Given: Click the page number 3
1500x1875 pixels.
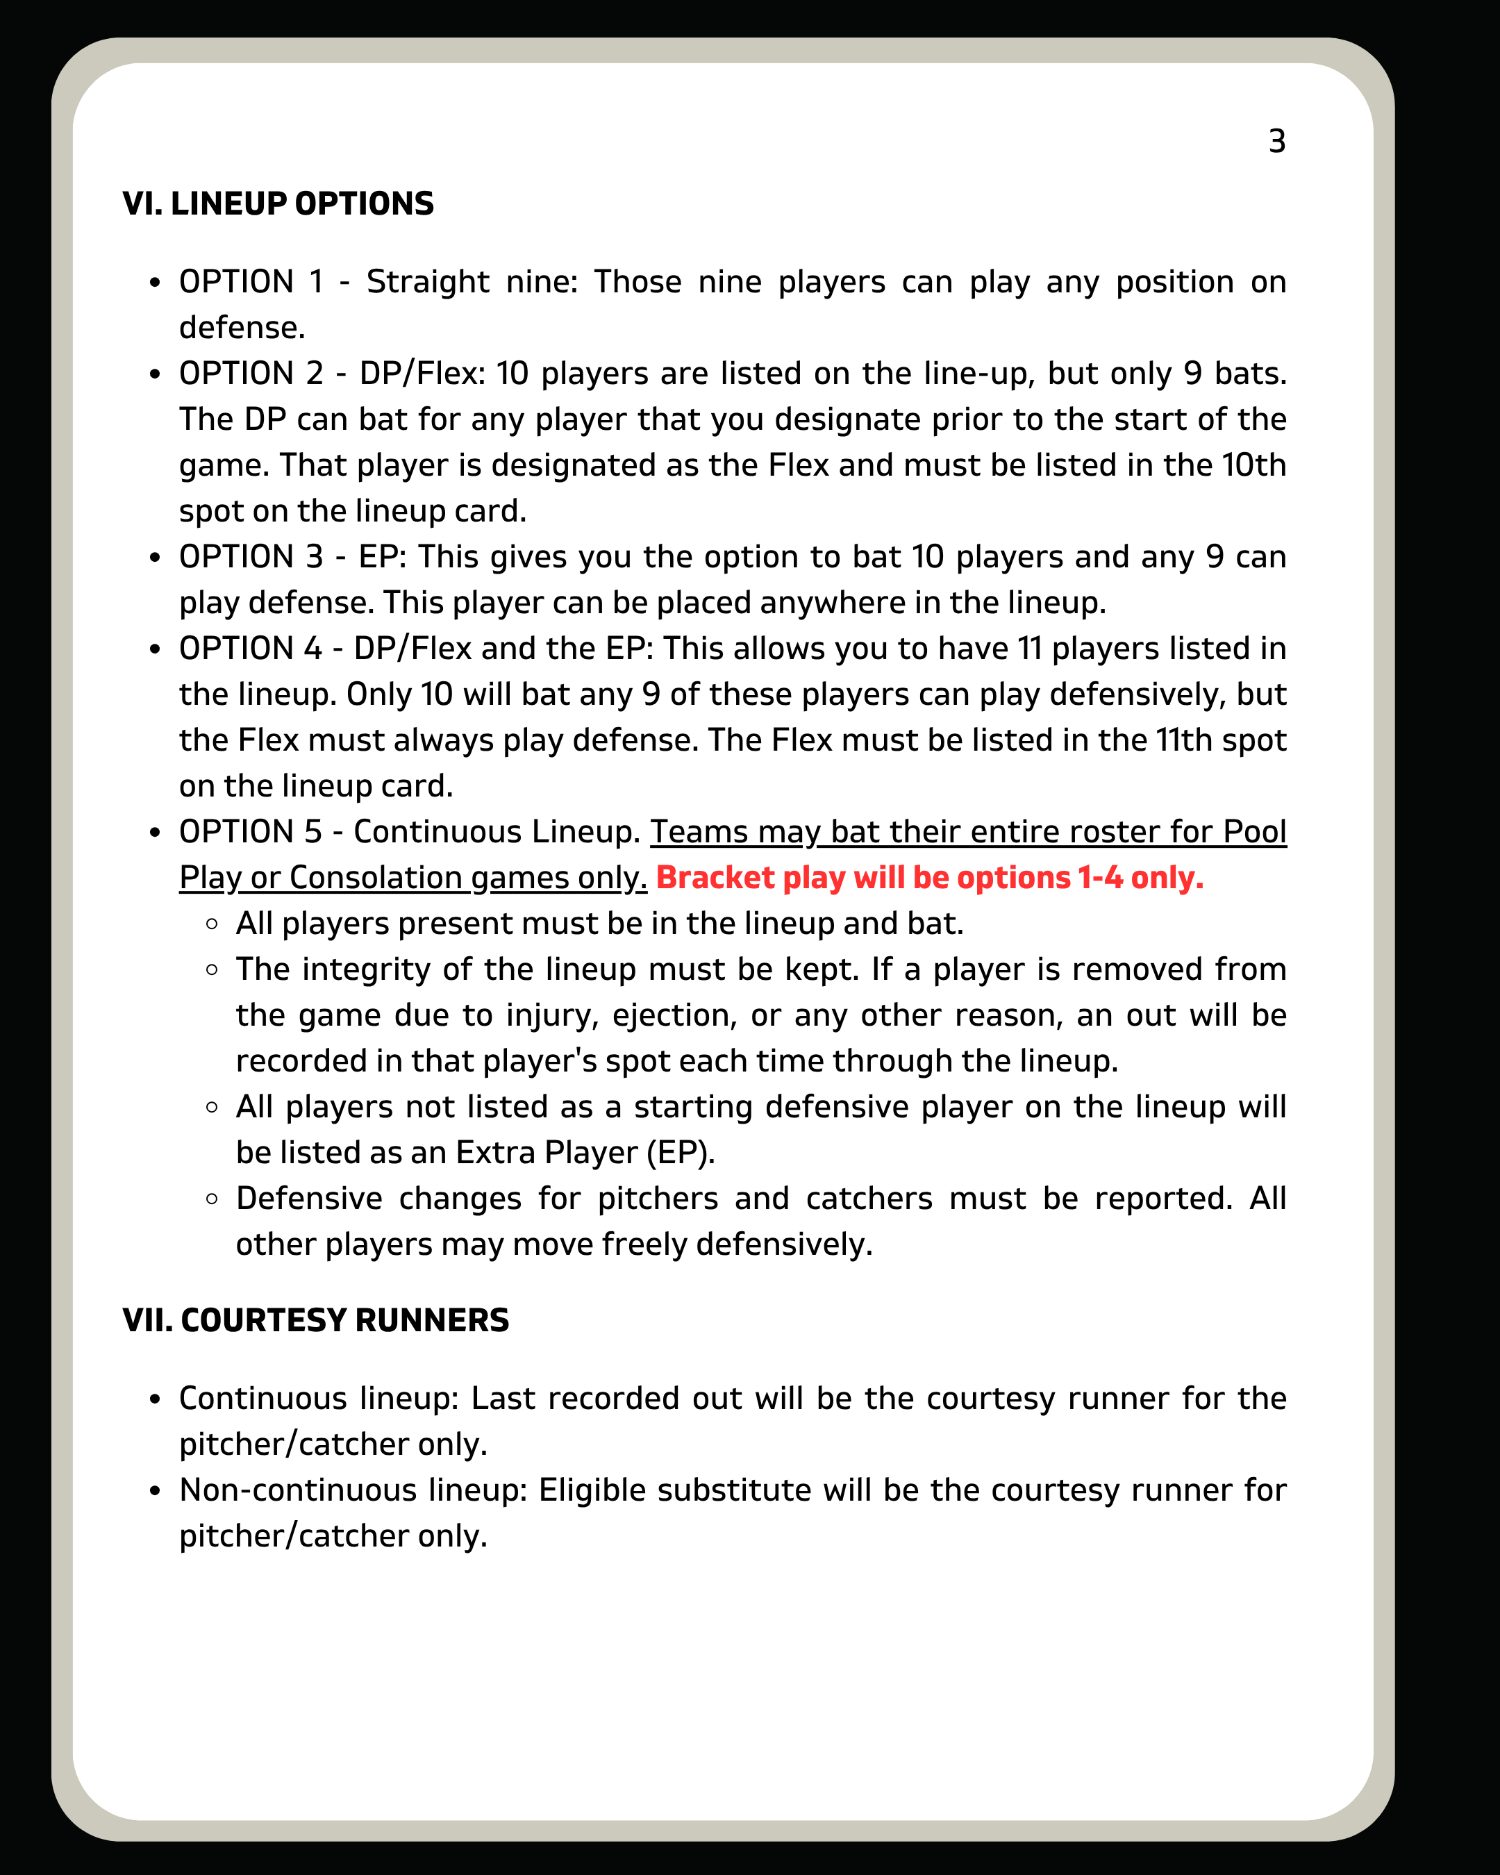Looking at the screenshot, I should pos(1276,142).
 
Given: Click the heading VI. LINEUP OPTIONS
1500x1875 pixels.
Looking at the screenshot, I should pos(278,203).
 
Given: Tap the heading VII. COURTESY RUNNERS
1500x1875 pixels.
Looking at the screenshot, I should pos(316,1320).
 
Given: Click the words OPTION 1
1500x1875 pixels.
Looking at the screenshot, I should pos(251,283).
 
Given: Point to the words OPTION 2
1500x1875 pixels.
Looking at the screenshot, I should pos(251,374).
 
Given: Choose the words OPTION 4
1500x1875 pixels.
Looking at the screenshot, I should pos(251,649).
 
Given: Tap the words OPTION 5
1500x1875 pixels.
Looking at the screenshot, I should pos(251,832).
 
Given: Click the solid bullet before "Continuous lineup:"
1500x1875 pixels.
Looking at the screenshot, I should pos(155,1399).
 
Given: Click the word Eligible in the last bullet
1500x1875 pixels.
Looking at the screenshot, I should pos(592,1490).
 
